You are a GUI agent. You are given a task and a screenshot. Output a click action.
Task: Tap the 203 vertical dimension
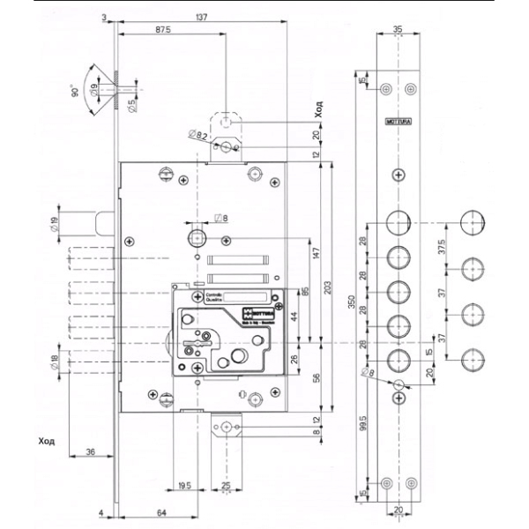(x=327, y=287)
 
